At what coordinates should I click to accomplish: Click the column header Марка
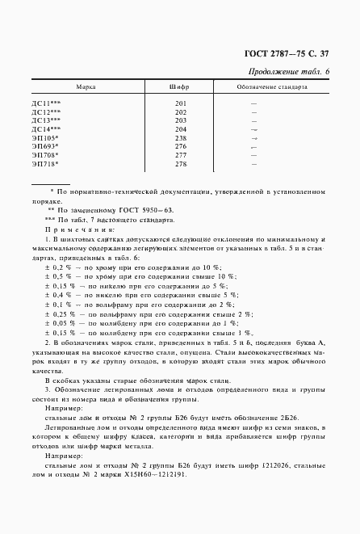(x=85, y=86)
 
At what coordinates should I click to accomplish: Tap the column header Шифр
(x=180, y=86)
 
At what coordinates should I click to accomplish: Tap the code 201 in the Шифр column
(x=180, y=103)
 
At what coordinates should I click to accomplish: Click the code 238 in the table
(x=180, y=137)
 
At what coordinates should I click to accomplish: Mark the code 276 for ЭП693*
(x=180, y=146)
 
